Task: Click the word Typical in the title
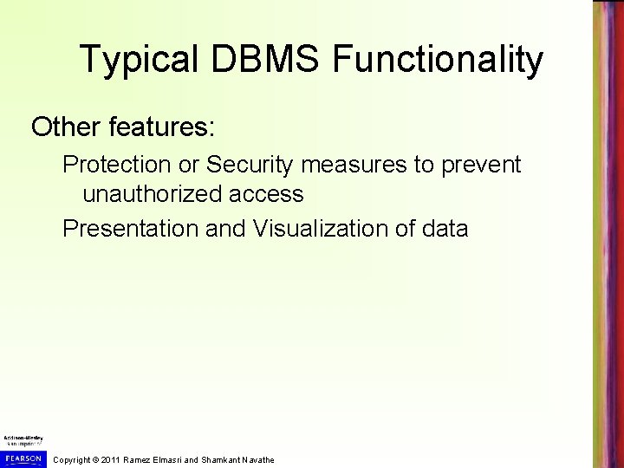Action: pos(137,60)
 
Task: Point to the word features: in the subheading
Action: pos(166,127)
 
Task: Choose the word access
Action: pos(270,194)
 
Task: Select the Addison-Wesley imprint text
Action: pos(23,439)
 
